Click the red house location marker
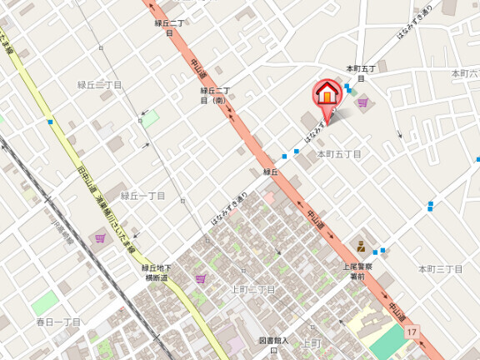click(327, 93)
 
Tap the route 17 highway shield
click(412, 332)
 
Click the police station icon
click(362, 246)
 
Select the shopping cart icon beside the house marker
click(362, 102)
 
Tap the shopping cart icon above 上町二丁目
click(200, 278)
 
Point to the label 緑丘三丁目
click(100, 85)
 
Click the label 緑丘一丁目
click(143, 196)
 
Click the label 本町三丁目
click(440, 268)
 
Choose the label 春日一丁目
click(58, 322)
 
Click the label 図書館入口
click(272, 343)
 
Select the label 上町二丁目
click(253, 289)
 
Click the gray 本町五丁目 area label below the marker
click(338, 154)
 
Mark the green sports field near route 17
click(388, 341)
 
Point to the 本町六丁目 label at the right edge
click(465, 74)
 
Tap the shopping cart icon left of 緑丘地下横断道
click(100, 238)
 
